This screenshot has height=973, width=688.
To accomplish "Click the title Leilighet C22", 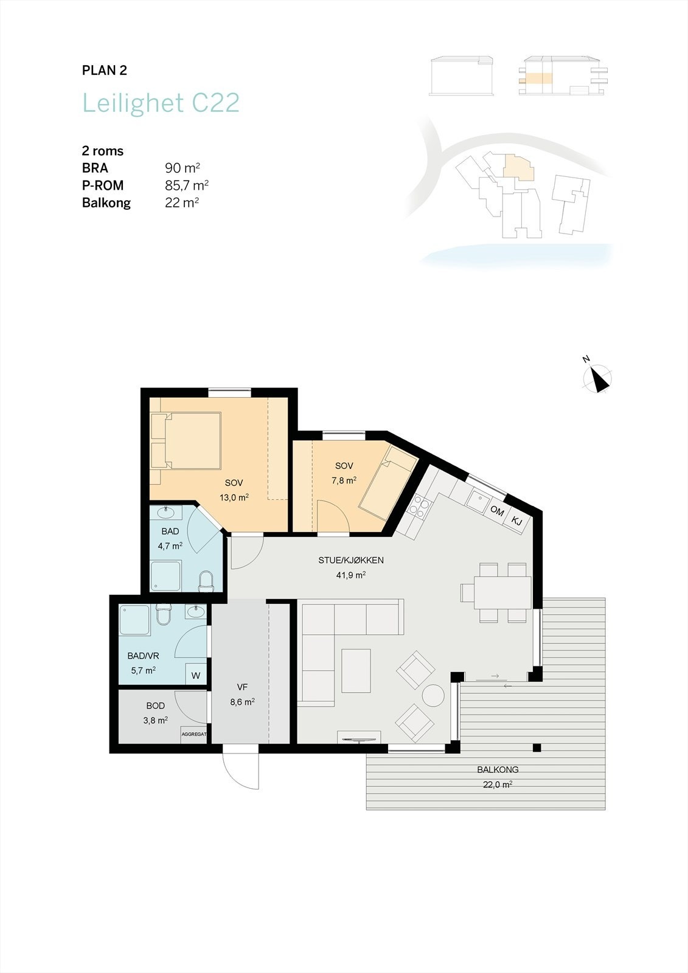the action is pyautogui.click(x=161, y=103).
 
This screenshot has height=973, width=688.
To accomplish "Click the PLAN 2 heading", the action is pyautogui.click(x=104, y=71).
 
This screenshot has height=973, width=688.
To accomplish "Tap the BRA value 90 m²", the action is pyautogui.click(x=182, y=168).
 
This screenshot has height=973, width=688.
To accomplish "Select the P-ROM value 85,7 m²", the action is pyautogui.click(x=187, y=185).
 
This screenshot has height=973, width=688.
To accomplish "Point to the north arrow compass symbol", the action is pyautogui.click(x=597, y=378).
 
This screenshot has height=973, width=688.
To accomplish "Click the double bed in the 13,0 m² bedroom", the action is pyautogui.click(x=186, y=440).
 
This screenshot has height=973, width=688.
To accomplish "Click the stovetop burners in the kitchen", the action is pyautogui.click(x=420, y=507).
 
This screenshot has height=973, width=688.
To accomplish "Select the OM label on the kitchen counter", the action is pyautogui.click(x=497, y=511).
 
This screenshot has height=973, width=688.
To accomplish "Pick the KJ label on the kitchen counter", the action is pyautogui.click(x=517, y=521).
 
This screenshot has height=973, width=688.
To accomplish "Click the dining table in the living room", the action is pyautogui.click(x=502, y=592).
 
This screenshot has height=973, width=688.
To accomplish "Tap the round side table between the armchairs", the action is pyautogui.click(x=433, y=696).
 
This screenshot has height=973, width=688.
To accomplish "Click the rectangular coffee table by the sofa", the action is pyautogui.click(x=356, y=671).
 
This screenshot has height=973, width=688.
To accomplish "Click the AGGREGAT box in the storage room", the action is pyautogui.click(x=194, y=734).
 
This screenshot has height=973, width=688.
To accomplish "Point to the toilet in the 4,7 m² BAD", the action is pyautogui.click(x=206, y=582).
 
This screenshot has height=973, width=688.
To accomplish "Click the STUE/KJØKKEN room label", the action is pyautogui.click(x=351, y=560).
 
